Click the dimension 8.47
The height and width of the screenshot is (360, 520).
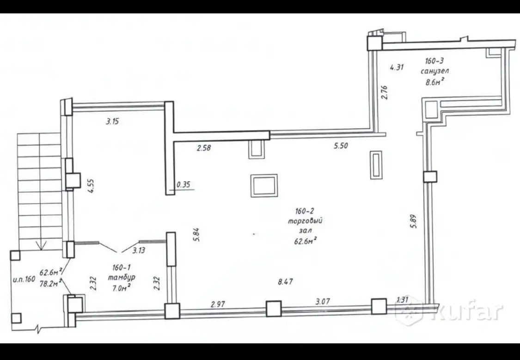(285, 282)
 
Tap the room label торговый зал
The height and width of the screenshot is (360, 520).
(305, 226)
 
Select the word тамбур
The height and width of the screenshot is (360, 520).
(122, 278)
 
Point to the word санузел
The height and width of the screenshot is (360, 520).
(435, 71)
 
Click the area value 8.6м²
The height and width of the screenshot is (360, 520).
(435, 81)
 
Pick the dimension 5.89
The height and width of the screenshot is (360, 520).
(413, 221)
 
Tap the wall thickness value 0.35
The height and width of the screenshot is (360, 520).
(184, 185)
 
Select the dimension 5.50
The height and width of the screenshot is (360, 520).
(341, 145)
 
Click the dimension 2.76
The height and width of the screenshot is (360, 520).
(384, 92)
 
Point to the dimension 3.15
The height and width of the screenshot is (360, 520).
(112, 122)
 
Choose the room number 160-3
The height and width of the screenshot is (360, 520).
(434, 61)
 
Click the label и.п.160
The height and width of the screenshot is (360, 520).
(24, 279)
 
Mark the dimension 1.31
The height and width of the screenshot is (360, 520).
(402, 299)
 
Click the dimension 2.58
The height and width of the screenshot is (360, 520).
(204, 148)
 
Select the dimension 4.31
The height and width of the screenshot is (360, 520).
(397, 67)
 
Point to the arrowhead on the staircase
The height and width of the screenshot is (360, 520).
(41, 247)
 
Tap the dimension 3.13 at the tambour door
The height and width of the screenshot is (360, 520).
(139, 250)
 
